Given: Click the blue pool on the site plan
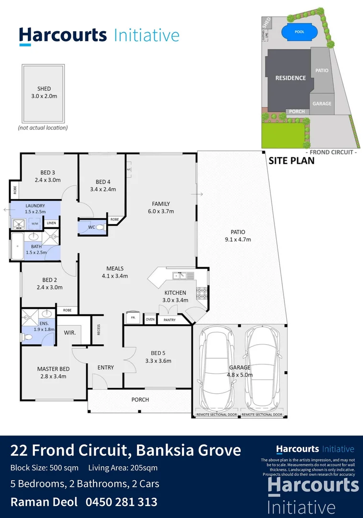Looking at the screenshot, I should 299,33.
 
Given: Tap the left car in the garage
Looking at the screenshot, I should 216,367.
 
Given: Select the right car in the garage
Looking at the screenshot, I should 262,367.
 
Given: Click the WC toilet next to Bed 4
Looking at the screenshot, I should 100,227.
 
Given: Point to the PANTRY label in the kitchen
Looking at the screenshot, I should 170,320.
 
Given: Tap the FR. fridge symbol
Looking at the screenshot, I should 132,318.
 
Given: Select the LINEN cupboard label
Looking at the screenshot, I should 51,223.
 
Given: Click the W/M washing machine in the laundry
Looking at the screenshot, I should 34,224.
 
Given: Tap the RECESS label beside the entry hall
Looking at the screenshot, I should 99,330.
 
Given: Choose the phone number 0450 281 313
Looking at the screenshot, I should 121,502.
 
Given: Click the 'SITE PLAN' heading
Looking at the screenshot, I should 291,161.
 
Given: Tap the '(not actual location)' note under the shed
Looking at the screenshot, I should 43,128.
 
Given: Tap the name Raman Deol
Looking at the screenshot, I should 44,502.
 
